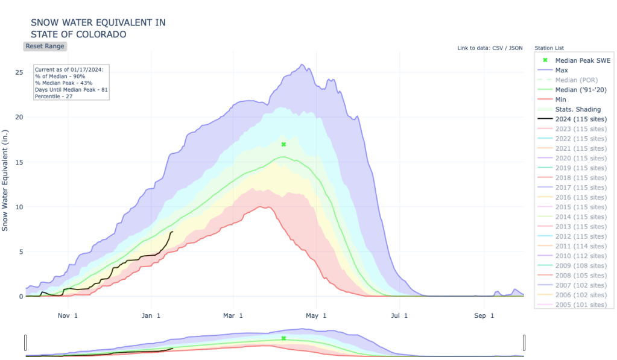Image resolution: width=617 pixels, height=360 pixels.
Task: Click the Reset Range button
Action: tap(45, 46)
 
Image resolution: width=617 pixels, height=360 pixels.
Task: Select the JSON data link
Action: tap(516, 48)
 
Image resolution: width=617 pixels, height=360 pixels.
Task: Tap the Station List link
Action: tap(549, 48)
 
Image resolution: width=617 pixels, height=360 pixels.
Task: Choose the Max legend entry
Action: tap(562, 71)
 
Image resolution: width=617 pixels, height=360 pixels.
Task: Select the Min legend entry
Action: tap(561, 99)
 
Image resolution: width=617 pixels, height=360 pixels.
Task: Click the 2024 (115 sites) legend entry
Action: tap(580, 119)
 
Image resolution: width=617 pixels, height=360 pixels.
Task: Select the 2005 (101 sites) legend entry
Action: tap(580, 305)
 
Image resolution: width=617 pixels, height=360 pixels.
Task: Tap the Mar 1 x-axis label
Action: tap(233, 315)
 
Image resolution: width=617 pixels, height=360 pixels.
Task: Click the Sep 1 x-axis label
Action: tap(484, 315)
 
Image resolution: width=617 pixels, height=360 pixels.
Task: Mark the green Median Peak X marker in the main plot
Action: tap(283, 145)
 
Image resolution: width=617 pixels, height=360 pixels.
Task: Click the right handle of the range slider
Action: tap(524, 343)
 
